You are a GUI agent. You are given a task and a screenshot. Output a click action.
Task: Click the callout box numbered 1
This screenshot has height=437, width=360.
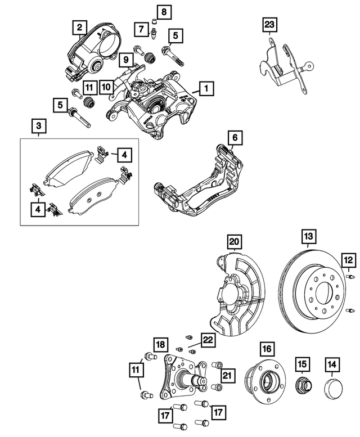click(x=206, y=88)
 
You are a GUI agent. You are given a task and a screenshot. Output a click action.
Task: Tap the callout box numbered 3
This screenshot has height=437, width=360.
click(x=38, y=125)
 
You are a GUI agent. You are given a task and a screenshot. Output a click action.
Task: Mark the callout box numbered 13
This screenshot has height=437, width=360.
click(x=308, y=237)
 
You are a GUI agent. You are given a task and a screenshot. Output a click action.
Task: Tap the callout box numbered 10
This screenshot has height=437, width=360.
click(x=107, y=87)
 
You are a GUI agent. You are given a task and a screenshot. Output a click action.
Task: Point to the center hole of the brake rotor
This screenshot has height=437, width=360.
click(x=324, y=290)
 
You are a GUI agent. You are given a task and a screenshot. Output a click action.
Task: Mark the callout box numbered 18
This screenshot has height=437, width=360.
click(x=160, y=344)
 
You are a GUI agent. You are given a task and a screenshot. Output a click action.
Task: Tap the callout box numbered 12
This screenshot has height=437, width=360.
click(x=349, y=259)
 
